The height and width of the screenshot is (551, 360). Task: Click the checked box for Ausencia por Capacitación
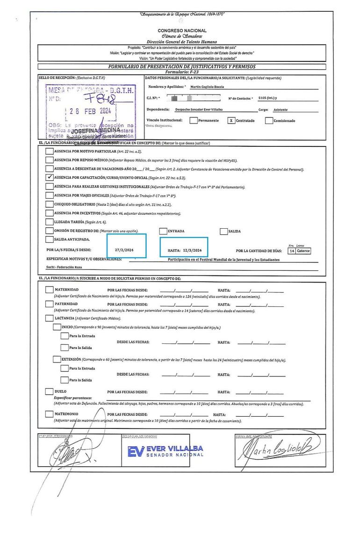49,177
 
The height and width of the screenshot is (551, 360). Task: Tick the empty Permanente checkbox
193,120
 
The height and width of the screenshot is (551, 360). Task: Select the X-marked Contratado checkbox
230,120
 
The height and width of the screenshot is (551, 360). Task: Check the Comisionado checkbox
269,120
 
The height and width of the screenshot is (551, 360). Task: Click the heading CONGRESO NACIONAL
182,30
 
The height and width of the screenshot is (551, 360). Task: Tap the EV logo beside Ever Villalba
136,451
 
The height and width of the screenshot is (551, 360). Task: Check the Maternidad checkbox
49,290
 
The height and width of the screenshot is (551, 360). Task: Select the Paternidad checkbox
49,304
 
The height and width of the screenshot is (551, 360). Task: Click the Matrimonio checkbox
49,414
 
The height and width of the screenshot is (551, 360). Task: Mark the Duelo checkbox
49,391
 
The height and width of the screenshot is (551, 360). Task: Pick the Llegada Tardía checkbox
49,222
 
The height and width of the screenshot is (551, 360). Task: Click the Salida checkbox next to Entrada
224,231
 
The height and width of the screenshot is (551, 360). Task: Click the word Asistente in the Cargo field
281,109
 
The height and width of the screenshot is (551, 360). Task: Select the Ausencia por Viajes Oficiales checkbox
49,195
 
